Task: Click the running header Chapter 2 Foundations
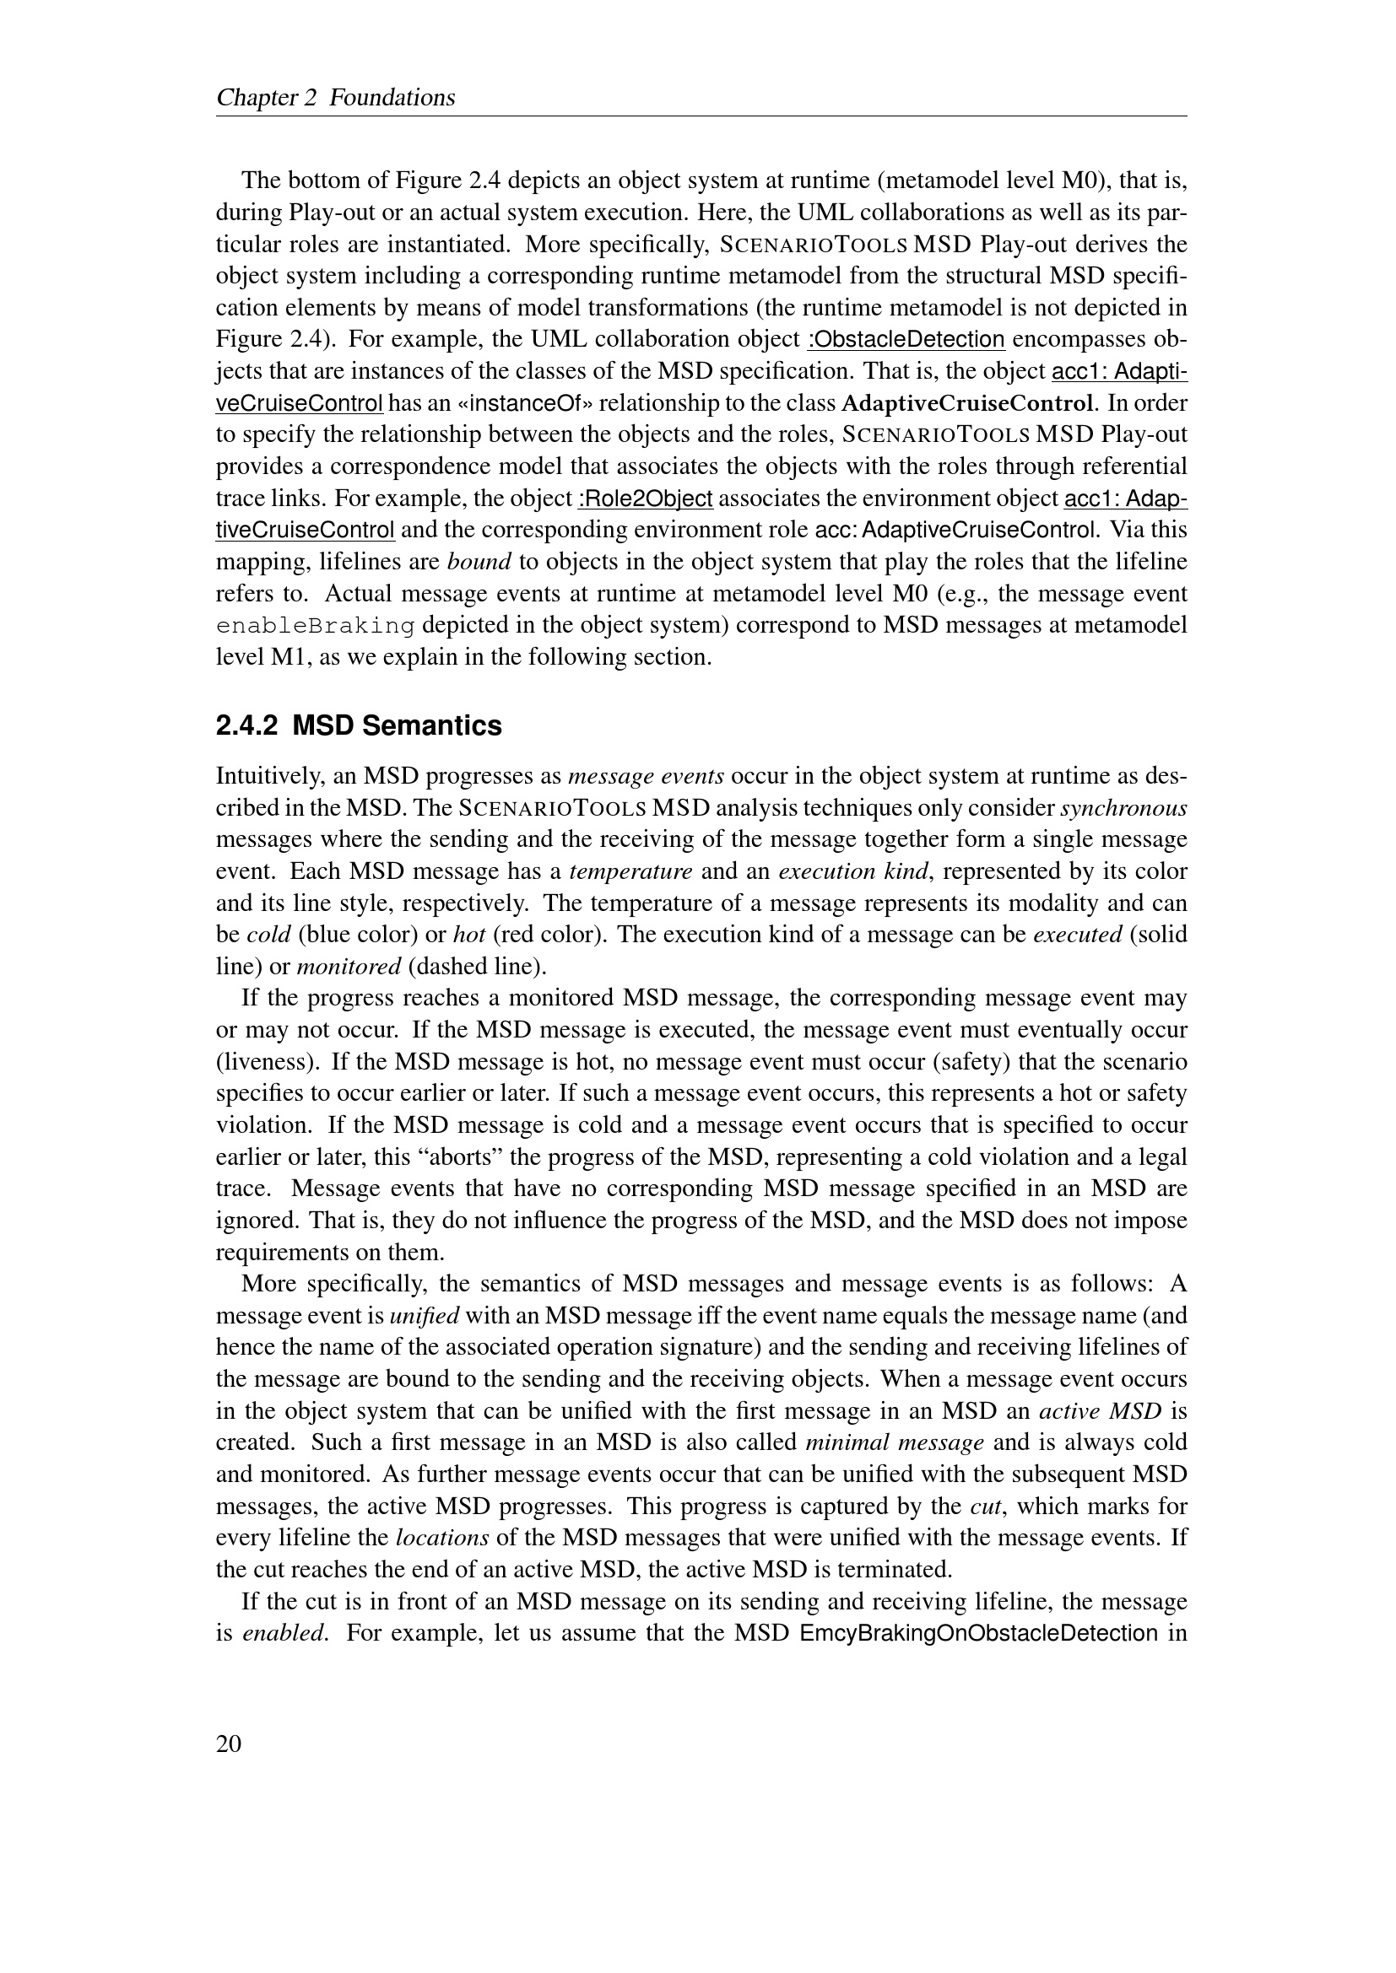pyautogui.click(x=335, y=98)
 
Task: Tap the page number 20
pyautogui.click(x=229, y=1744)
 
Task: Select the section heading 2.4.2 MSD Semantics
pyautogui.click(x=359, y=726)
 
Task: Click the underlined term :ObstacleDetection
pyautogui.click(x=906, y=339)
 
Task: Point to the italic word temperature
pyautogui.click(x=631, y=871)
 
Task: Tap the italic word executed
pyautogui.click(x=1077, y=935)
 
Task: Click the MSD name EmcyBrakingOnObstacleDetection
pyautogui.click(x=978, y=1633)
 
